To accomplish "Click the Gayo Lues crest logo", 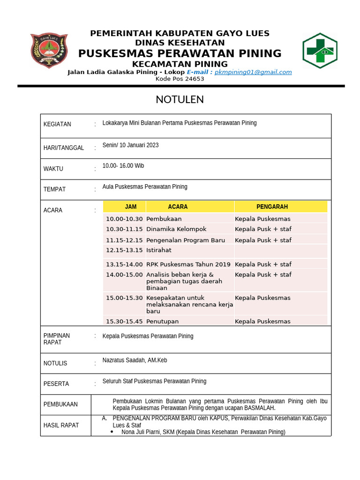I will click(49, 51).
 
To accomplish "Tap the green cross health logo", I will click(320, 51).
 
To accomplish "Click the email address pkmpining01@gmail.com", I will click(253, 72).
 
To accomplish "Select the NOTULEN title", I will click(180, 100).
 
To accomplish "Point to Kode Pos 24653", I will click(180, 79).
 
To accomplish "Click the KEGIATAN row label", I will click(57, 124).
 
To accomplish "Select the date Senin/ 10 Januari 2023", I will click(130, 145).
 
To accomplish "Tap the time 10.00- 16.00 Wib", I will click(123, 166).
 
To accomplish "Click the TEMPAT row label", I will click(54, 189).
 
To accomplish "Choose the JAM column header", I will click(131, 207).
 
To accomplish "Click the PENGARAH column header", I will click(272, 207).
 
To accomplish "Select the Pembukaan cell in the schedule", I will click(164, 219).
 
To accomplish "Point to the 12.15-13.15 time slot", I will click(124, 250).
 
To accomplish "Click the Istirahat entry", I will click(159, 250).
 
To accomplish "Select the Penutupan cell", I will click(162, 322).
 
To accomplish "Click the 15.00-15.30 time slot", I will click(124, 298).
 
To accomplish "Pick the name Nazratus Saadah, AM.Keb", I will click(135, 360).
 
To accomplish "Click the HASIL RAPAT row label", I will click(61, 425).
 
